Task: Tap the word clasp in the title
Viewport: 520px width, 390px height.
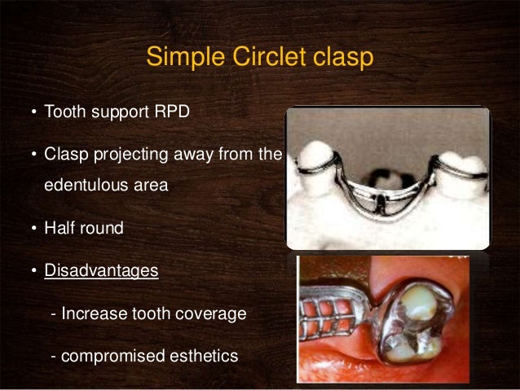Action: pyautogui.click(x=341, y=58)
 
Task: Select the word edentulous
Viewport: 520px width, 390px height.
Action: pyautogui.click(x=83, y=184)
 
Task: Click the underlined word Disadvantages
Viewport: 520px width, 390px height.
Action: pyautogui.click(x=101, y=270)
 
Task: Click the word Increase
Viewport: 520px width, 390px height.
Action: pyautogui.click(x=91, y=313)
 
